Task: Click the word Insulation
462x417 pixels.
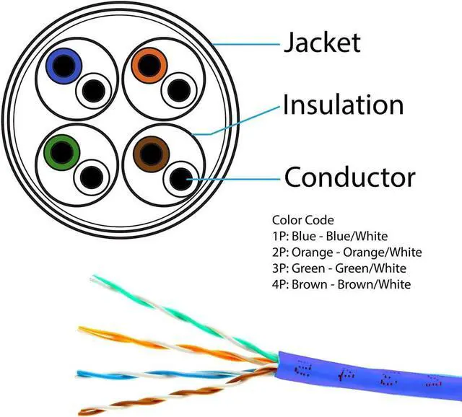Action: tap(343, 105)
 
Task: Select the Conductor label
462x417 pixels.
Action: tap(350, 177)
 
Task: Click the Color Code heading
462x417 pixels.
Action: tap(303, 220)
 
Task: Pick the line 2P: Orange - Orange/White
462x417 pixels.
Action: tap(346, 252)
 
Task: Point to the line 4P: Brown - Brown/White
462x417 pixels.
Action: tap(341, 284)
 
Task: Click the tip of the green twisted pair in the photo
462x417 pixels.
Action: tap(94, 278)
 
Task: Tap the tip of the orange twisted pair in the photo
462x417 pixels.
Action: tap(82, 330)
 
